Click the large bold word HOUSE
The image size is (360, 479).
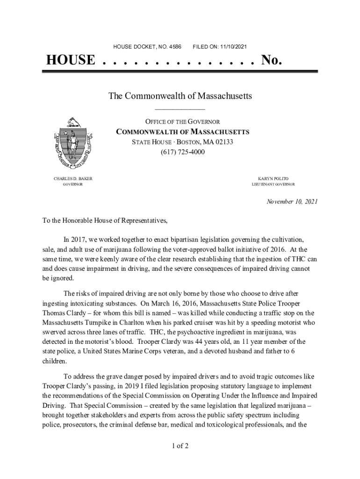point(70,60)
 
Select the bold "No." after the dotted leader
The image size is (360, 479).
point(272,60)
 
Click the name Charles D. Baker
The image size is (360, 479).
point(70,179)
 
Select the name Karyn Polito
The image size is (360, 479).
point(274,179)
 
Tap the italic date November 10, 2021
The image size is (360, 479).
point(292,202)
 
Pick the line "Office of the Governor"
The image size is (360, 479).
point(182,122)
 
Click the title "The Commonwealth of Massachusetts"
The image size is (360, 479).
point(180,96)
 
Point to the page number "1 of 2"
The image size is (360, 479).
point(180,445)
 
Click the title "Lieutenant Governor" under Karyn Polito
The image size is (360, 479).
point(273,185)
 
